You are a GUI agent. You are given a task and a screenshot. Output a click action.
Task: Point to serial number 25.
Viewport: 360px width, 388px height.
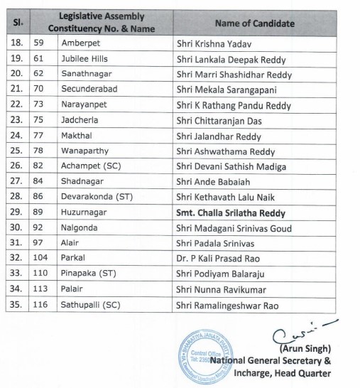(x=15, y=151)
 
